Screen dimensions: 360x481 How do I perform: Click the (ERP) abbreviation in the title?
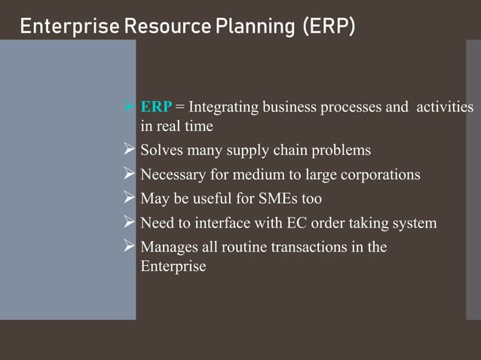(x=328, y=28)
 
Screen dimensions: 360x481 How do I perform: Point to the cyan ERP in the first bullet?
(x=157, y=107)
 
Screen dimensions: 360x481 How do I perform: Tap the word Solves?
(x=162, y=151)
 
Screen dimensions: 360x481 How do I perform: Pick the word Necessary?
(x=173, y=175)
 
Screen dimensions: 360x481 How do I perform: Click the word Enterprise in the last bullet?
(x=173, y=266)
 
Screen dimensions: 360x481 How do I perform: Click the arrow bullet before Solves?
(x=129, y=151)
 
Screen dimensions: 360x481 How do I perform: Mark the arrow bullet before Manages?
(x=129, y=247)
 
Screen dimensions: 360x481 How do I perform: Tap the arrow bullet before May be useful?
(x=129, y=199)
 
